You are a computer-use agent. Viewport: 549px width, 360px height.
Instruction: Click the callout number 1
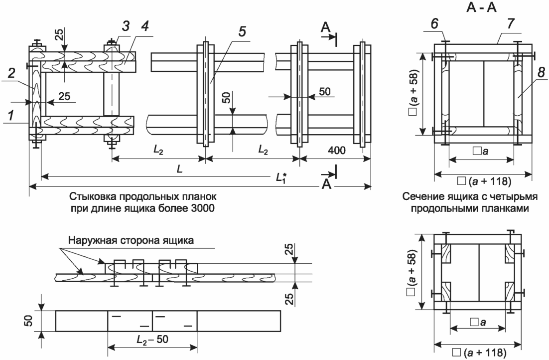[12, 115]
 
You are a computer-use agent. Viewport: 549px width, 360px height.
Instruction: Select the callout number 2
[11, 73]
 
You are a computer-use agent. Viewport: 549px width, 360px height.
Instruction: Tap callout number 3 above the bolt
[126, 25]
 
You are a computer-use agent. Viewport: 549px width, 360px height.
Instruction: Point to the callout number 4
[144, 25]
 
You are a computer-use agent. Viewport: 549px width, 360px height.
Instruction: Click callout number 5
[242, 31]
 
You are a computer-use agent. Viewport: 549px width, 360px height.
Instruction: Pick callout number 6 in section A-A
[434, 24]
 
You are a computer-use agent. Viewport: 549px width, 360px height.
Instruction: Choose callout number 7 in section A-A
[511, 24]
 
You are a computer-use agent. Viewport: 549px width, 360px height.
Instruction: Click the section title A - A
[481, 7]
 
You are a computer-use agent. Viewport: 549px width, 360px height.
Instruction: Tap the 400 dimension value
[336, 151]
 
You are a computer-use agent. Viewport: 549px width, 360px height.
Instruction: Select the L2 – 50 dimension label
[152, 340]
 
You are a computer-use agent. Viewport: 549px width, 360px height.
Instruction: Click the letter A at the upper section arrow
[326, 28]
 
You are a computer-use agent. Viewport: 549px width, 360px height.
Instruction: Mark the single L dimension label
[179, 170]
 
